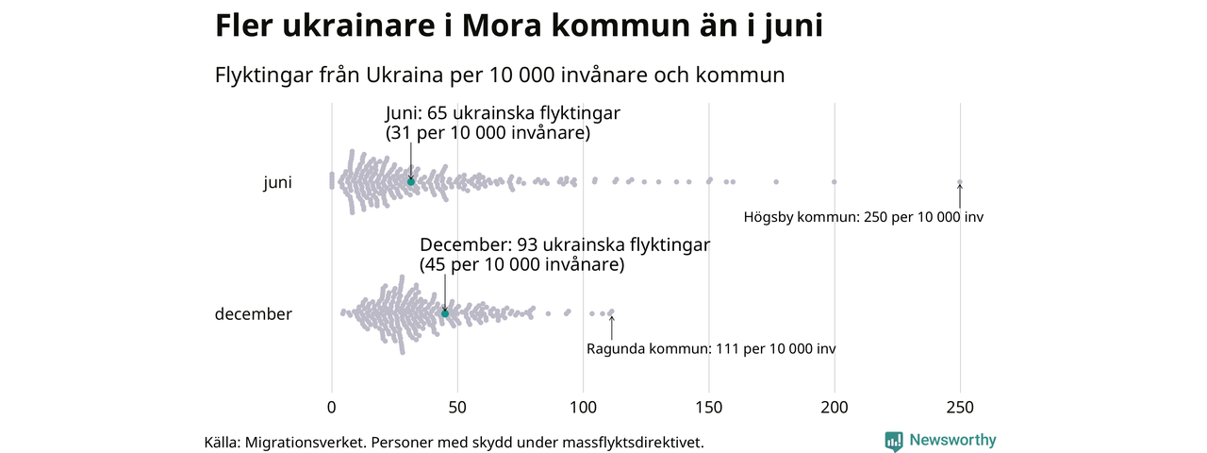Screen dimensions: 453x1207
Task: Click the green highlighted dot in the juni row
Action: point(410,181)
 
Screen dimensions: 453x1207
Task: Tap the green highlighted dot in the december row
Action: point(445,313)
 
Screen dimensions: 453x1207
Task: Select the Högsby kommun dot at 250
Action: point(960,182)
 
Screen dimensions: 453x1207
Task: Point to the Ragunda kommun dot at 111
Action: point(611,311)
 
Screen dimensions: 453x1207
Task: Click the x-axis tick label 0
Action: point(331,408)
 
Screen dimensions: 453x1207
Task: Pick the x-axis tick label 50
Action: point(457,408)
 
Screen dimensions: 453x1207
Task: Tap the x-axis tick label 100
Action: point(583,408)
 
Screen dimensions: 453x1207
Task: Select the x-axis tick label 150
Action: point(708,408)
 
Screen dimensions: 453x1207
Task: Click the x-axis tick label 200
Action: point(835,408)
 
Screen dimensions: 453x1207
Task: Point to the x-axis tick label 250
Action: point(960,408)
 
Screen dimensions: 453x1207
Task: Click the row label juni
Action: point(277,183)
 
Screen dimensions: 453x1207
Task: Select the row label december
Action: point(253,314)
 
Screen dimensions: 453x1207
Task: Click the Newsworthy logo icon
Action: point(894,441)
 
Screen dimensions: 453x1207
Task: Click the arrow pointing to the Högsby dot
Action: point(960,196)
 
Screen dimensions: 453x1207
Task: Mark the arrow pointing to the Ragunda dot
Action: point(611,327)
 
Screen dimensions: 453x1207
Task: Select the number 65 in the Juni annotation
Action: point(439,113)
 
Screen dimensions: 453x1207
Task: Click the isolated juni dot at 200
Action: point(835,181)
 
